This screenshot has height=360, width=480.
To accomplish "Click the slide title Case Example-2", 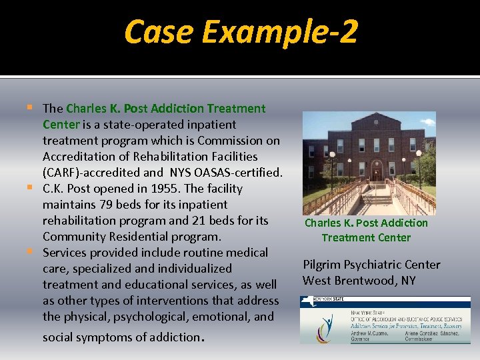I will point(241,31).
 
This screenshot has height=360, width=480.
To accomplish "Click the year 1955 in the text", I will point(168,189).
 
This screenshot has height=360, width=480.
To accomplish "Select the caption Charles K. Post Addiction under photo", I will point(366,223).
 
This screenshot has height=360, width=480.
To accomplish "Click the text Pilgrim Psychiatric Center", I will point(371,265).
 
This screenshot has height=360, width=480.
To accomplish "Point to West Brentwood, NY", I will point(359,281).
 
